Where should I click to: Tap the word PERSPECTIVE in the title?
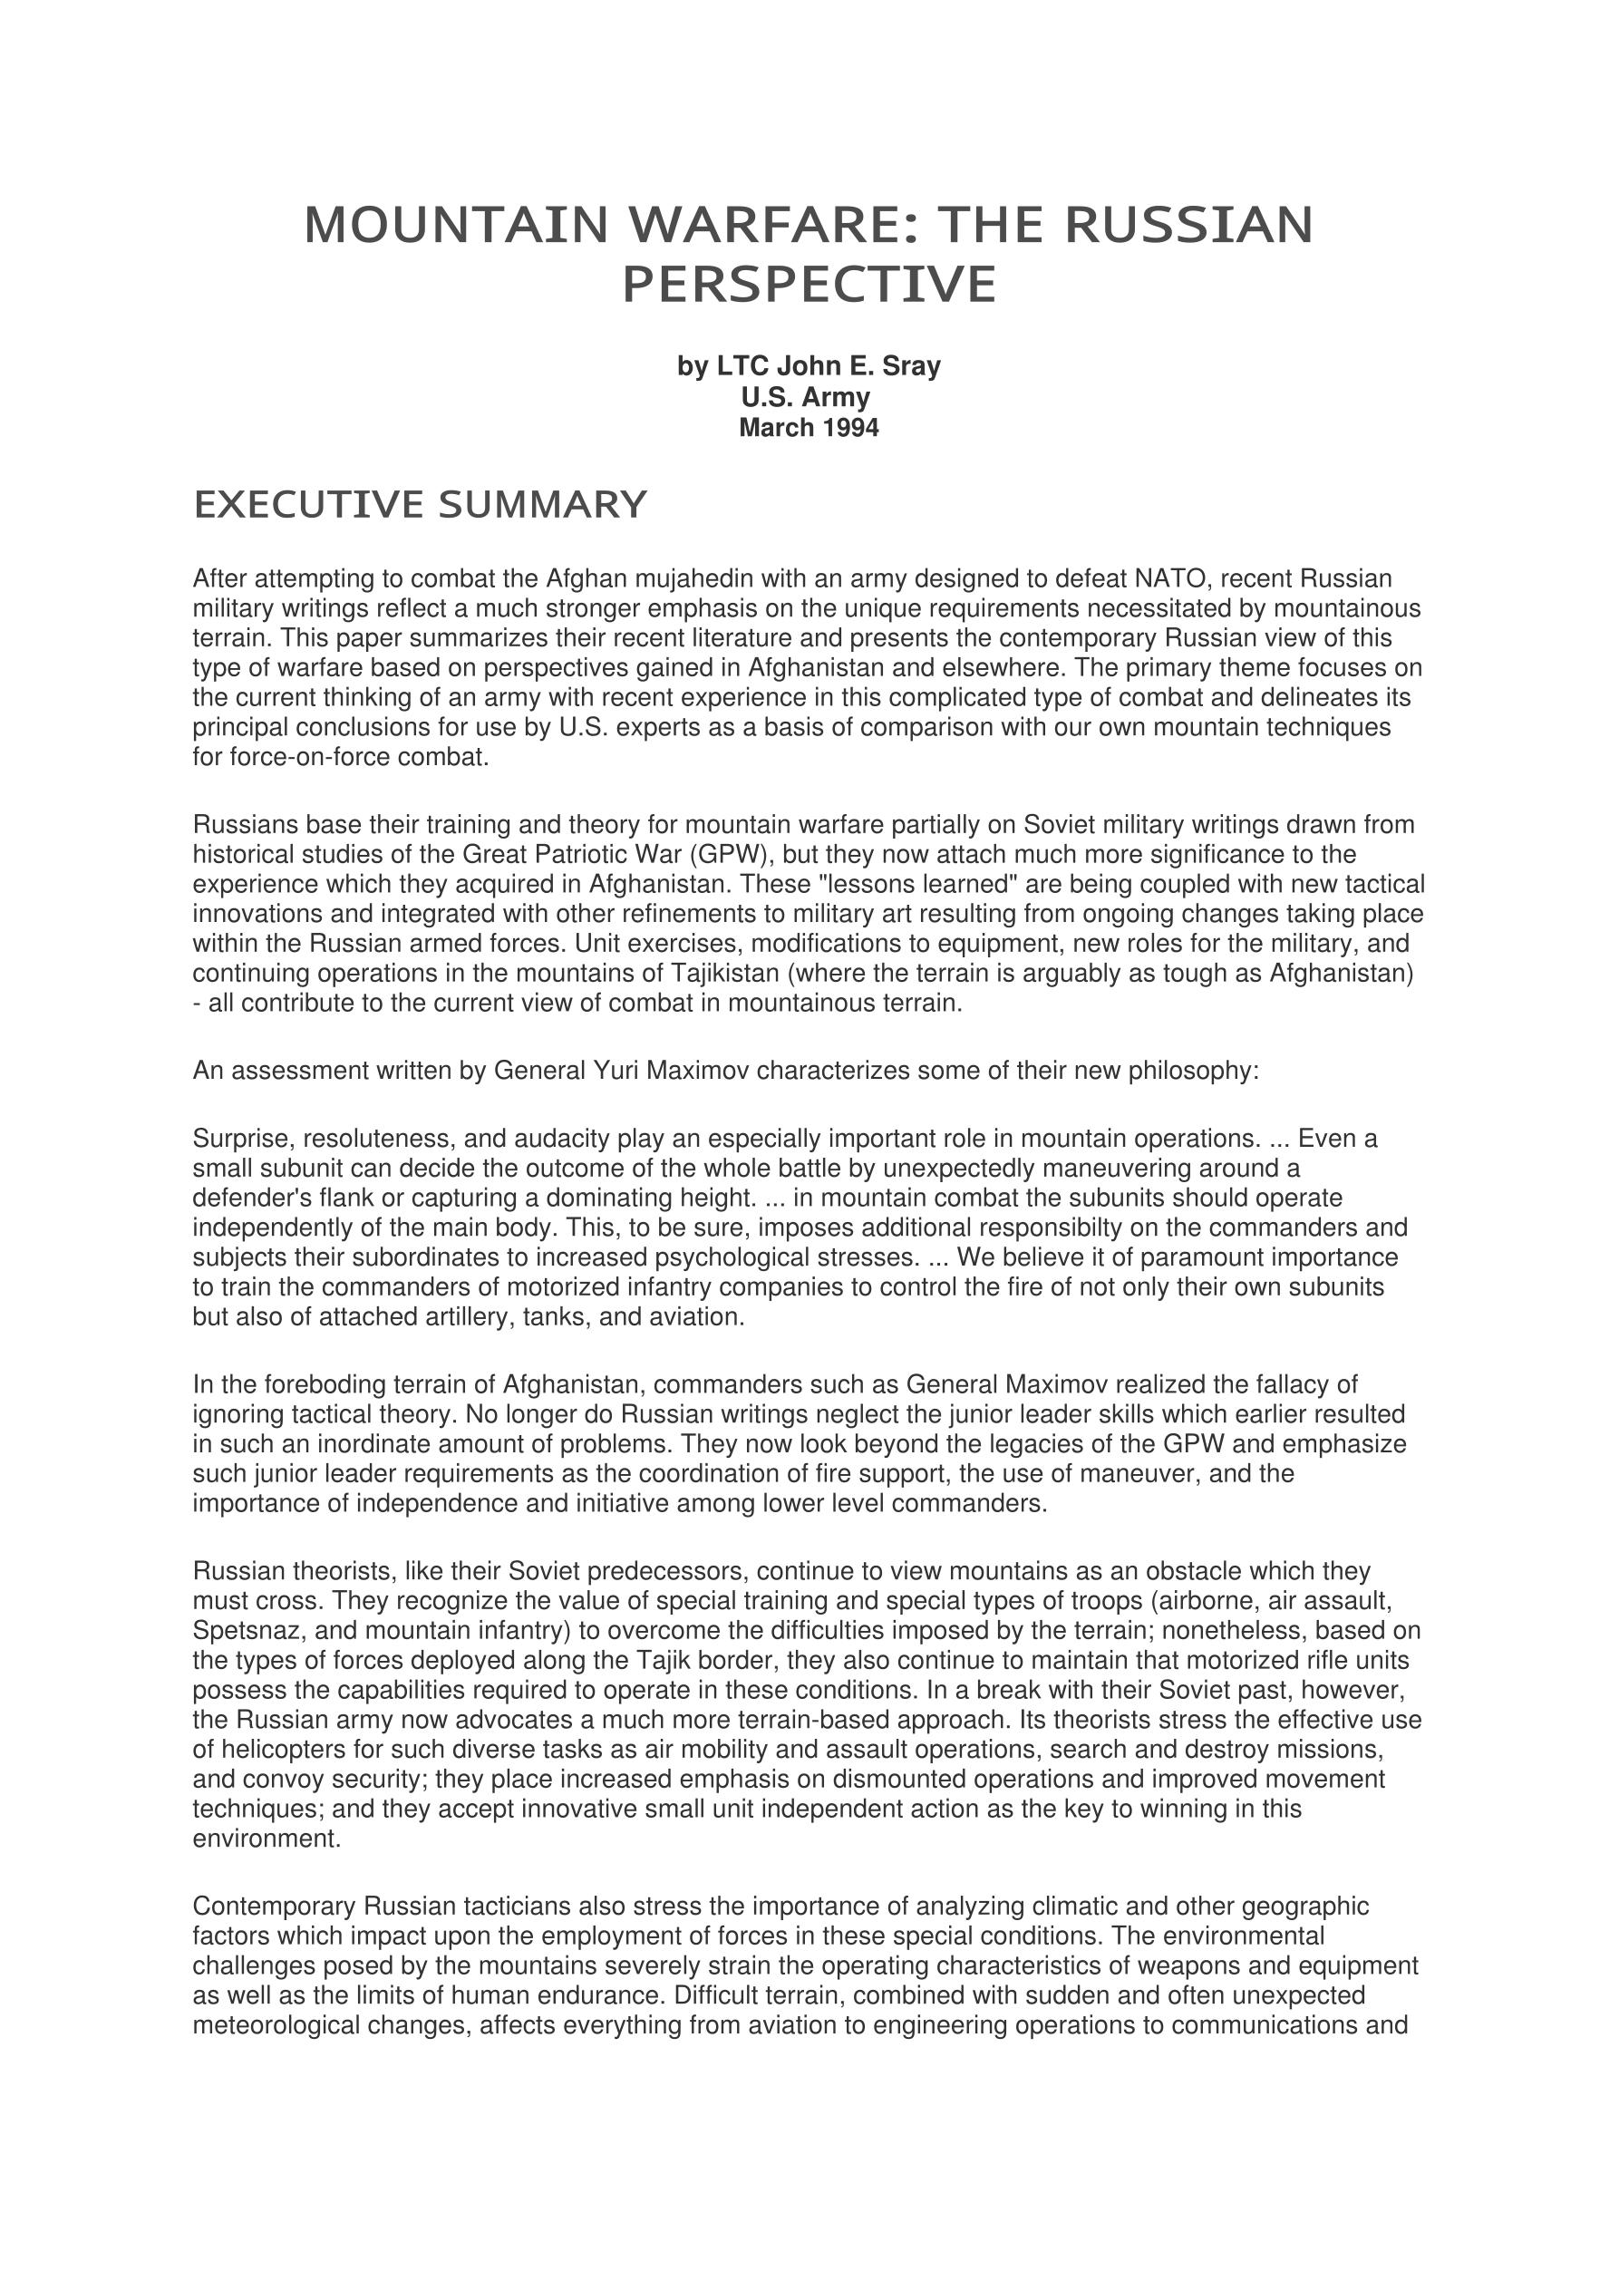pyautogui.click(x=809, y=286)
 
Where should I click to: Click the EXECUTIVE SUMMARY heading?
pyautogui.click(x=420, y=506)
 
